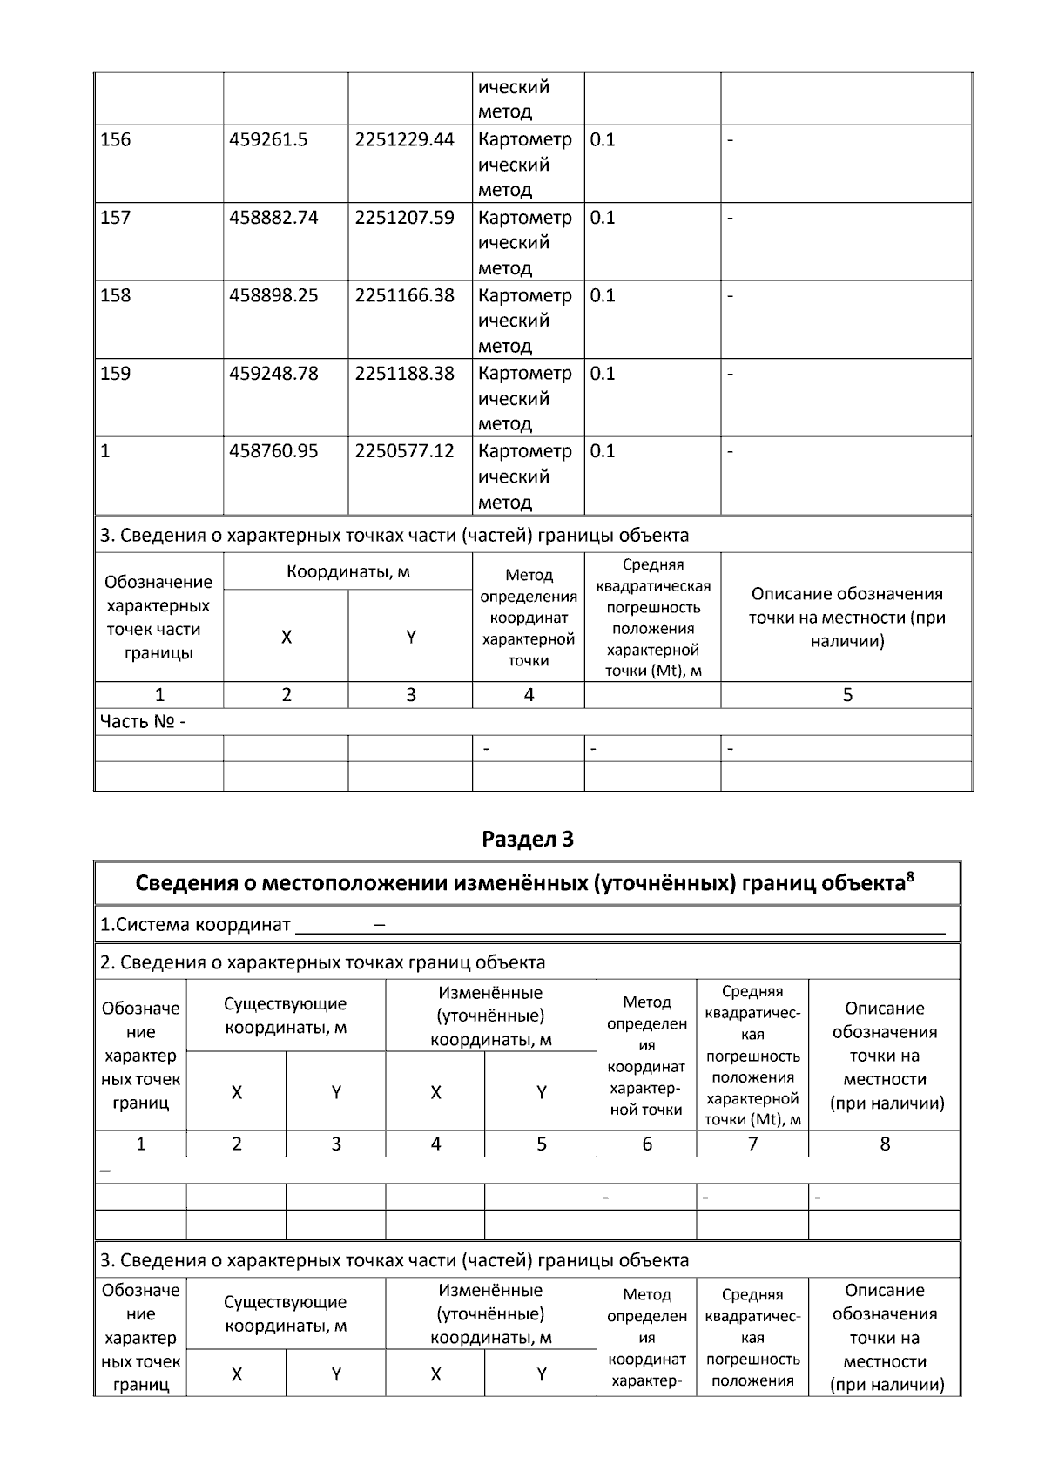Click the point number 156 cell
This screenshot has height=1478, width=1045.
point(116,139)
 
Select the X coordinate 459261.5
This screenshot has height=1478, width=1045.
point(268,139)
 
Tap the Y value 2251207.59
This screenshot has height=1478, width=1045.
point(404,218)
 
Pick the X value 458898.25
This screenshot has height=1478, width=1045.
point(273,295)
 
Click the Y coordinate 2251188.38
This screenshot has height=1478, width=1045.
point(404,374)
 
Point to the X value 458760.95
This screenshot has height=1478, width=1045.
point(273,451)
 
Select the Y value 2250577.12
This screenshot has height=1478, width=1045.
point(404,451)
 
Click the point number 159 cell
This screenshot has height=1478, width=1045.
point(116,374)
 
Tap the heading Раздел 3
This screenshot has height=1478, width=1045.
point(528,840)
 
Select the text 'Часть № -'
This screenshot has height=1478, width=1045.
point(143,722)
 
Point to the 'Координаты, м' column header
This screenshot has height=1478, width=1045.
point(348,572)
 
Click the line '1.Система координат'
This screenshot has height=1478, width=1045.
point(195,925)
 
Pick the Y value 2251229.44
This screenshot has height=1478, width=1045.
point(404,139)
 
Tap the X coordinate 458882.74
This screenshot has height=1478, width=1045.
point(273,218)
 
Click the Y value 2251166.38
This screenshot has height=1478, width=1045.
point(404,295)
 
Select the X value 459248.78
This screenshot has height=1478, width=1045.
point(273,374)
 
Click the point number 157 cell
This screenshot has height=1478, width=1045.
point(116,218)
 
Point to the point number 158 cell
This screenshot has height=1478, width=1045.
point(116,295)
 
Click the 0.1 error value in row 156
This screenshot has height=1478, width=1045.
point(603,139)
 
